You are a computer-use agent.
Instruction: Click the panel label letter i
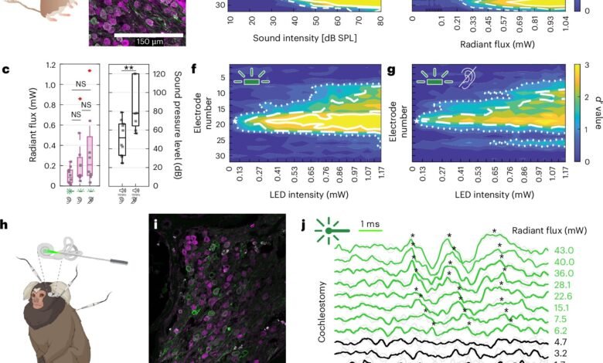pos(155,226)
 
